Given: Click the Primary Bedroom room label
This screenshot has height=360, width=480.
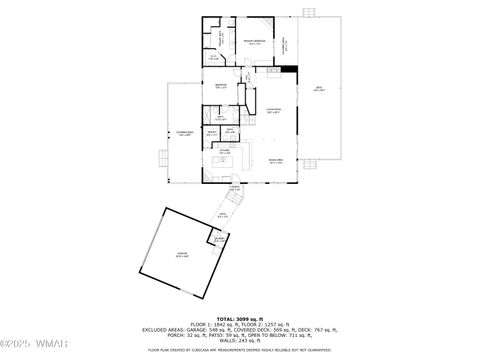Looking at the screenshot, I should (x=256, y=41).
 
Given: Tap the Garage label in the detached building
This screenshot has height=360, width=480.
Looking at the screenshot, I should (x=182, y=255).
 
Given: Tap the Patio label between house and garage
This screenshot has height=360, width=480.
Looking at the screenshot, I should (x=224, y=214).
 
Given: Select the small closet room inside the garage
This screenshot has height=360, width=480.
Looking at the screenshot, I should (x=217, y=239).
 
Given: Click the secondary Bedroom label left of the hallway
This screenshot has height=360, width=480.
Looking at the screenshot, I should (x=222, y=86).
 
